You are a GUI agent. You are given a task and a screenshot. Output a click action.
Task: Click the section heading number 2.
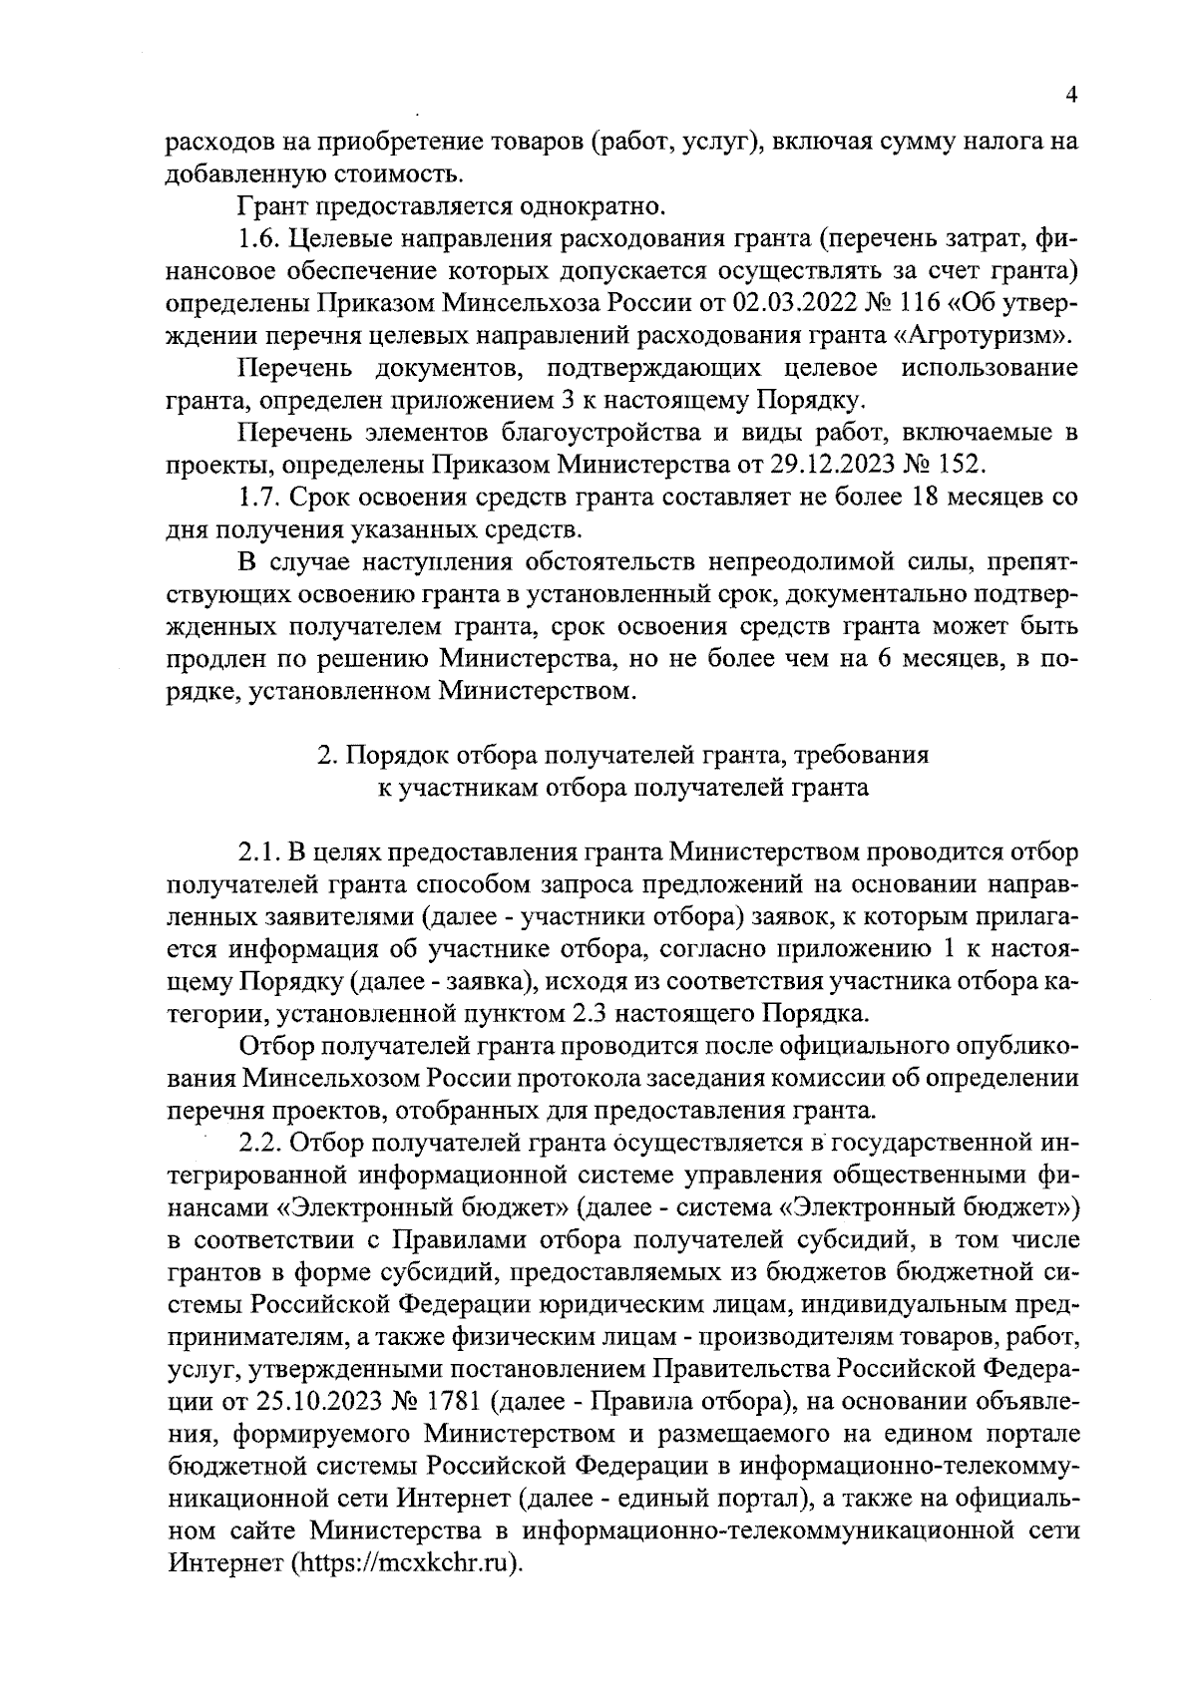[x=324, y=755]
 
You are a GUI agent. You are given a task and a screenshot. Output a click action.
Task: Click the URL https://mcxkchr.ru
[x=407, y=1563]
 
